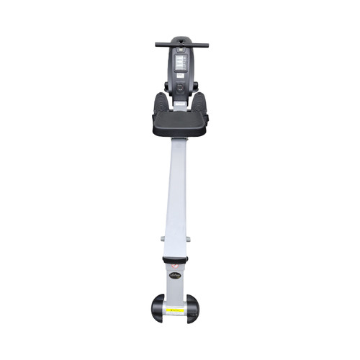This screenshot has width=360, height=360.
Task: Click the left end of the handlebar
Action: click(x=158, y=45)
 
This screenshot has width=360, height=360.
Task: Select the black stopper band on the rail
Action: click(x=176, y=259)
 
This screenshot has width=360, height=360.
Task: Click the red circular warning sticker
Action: click(x=176, y=266)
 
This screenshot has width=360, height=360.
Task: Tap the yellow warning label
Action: click(x=176, y=311)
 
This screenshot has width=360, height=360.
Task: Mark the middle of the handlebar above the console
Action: click(x=181, y=45)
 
